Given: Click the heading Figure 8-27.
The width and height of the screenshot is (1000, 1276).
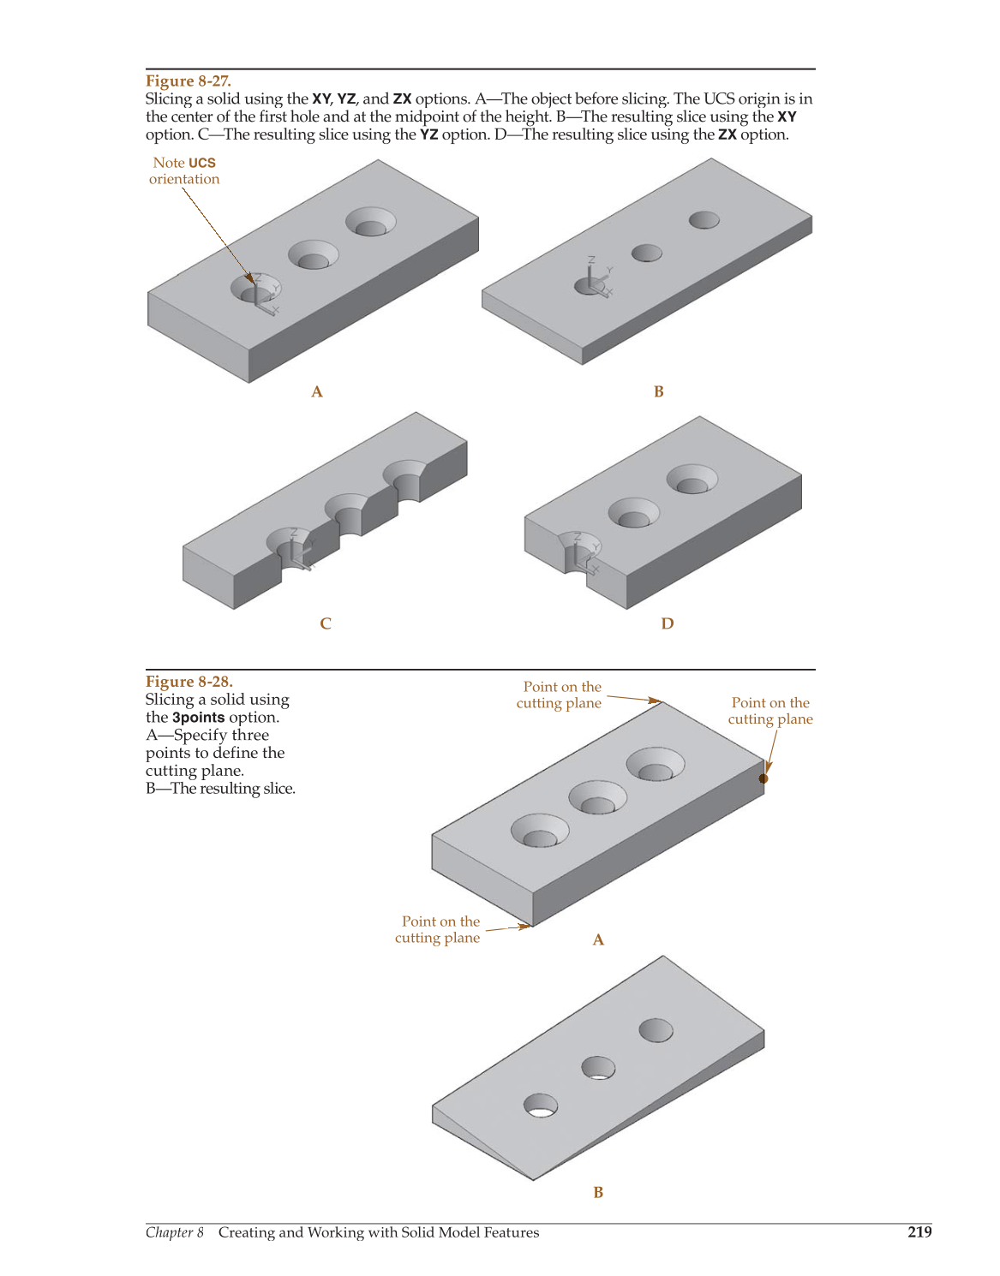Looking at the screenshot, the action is (x=188, y=80).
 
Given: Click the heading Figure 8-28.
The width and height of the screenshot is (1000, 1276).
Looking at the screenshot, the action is (x=189, y=681).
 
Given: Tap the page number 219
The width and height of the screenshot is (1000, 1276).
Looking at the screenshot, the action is (x=919, y=1232).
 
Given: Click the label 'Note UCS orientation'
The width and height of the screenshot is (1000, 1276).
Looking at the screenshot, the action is (x=184, y=171).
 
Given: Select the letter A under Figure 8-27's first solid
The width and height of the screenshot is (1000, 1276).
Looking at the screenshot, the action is (x=317, y=391).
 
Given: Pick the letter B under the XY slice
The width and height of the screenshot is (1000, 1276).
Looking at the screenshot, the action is (x=659, y=391).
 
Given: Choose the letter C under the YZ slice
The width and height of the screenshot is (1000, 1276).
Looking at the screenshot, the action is (x=326, y=623).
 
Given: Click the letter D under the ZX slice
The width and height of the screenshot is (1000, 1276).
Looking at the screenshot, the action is (x=668, y=623).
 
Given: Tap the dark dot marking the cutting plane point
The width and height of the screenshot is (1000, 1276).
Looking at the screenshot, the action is (x=763, y=778).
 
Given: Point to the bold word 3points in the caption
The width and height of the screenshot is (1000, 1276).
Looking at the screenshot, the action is (x=198, y=717).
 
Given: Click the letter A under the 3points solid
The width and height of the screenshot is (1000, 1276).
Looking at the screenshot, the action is (x=598, y=940).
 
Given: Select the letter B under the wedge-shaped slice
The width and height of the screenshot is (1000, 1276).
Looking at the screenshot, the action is (x=598, y=1192).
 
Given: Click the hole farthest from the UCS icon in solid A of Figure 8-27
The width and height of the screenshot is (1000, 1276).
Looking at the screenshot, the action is (x=371, y=222).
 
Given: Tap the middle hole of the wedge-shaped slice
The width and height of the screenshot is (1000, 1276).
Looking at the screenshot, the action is (x=598, y=1068).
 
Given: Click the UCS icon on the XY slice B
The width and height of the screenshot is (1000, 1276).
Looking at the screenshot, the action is (x=595, y=278).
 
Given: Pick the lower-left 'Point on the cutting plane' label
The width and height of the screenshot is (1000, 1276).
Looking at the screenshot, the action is (x=437, y=929).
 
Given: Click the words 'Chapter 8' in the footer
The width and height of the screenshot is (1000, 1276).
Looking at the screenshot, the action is (x=175, y=1232).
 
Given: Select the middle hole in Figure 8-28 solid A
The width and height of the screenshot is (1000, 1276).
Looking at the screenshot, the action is (x=597, y=797).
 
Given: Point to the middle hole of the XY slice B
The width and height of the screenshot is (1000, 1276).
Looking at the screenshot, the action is (x=646, y=253).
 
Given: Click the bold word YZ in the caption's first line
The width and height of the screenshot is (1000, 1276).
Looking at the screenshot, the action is (x=346, y=98).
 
